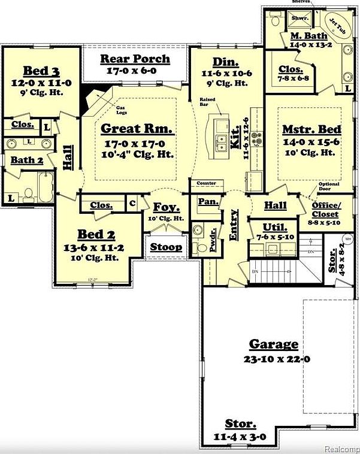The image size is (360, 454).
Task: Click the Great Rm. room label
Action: [137, 128]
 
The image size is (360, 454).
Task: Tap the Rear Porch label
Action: [135, 59]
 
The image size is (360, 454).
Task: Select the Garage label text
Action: [273, 344]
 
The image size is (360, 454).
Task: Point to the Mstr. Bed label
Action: [311, 129]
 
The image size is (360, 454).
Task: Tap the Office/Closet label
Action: [326, 210]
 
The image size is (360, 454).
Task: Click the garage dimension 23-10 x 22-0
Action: [273, 360]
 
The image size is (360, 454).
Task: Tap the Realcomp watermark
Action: [341, 448]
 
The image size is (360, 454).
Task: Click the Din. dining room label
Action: [225, 63]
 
